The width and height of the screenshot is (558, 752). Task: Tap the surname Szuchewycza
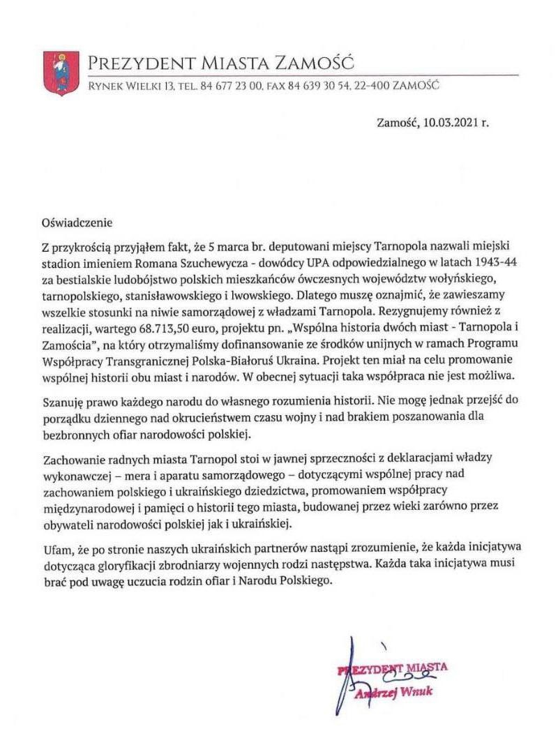202,265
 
